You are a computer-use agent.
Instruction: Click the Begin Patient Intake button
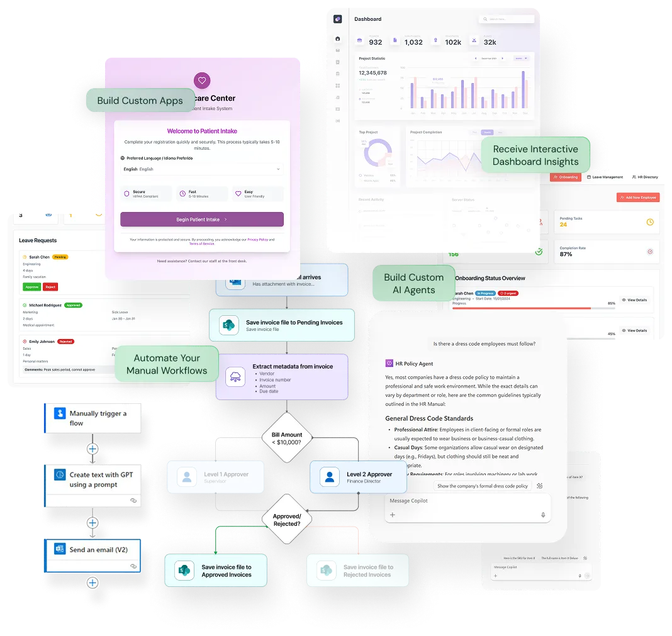point(201,220)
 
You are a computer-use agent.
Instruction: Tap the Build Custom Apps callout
point(140,101)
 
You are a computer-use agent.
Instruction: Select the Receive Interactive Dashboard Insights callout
point(535,155)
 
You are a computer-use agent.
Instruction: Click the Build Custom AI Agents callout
point(413,284)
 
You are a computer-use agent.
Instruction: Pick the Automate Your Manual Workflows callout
point(167,364)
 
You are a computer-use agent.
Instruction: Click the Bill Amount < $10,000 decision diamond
point(287,438)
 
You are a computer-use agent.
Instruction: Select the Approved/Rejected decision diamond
point(287,520)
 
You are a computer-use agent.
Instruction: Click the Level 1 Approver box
point(215,477)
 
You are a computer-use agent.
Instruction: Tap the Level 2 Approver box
point(358,477)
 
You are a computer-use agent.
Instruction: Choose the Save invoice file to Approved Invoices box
point(216,571)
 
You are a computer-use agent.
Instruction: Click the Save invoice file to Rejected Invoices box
point(357,571)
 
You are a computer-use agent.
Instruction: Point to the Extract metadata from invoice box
point(281,377)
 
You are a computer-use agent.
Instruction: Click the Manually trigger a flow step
point(93,418)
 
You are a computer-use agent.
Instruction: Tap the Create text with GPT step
point(93,480)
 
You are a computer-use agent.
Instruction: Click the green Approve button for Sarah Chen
point(31,287)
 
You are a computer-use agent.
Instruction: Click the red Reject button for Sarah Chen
point(50,287)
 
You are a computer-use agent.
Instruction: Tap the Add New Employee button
point(638,198)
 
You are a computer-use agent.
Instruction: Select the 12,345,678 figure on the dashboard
point(372,73)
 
